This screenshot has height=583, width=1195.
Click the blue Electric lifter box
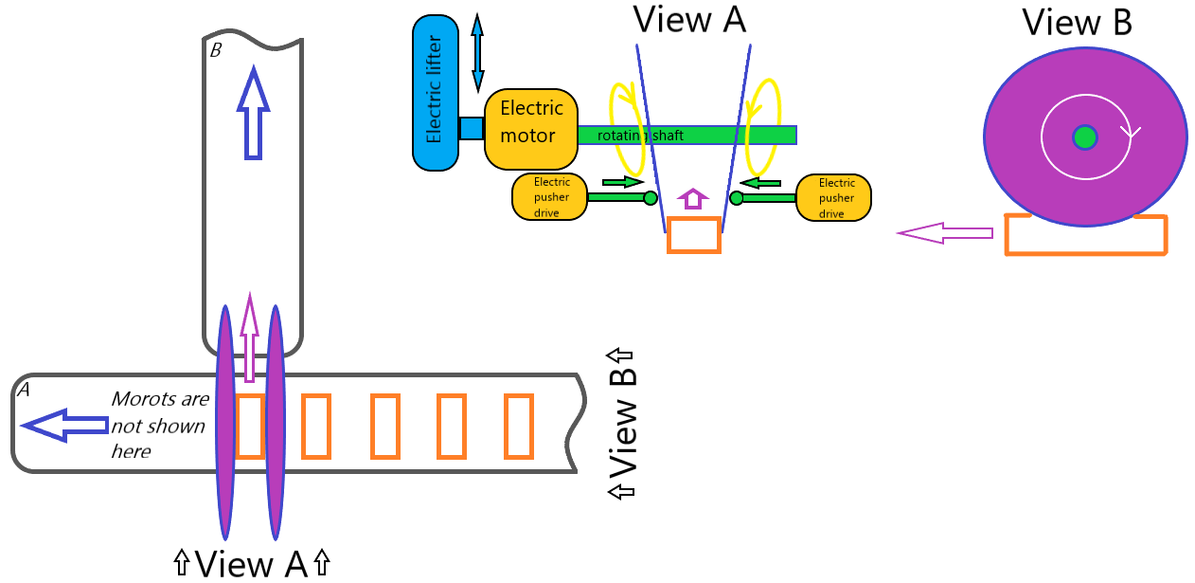(x=436, y=93)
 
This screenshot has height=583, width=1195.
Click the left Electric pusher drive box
(x=550, y=197)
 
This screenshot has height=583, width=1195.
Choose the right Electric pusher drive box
(x=833, y=197)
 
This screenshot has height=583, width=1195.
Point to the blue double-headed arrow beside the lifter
(x=477, y=53)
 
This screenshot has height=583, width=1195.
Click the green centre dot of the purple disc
(x=1085, y=137)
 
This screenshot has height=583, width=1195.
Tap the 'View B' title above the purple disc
(x=1077, y=22)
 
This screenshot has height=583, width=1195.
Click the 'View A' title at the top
(x=688, y=19)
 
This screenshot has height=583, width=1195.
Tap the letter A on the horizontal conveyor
(x=24, y=389)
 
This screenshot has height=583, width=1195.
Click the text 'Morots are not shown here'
(x=146, y=425)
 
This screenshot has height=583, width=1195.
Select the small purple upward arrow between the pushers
(x=694, y=198)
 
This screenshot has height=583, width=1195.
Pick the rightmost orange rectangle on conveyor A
(x=518, y=425)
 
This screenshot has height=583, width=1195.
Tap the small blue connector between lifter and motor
(x=472, y=128)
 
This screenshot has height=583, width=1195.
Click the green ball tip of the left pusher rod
(x=651, y=198)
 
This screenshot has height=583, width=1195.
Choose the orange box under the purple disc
(x=1085, y=236)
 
